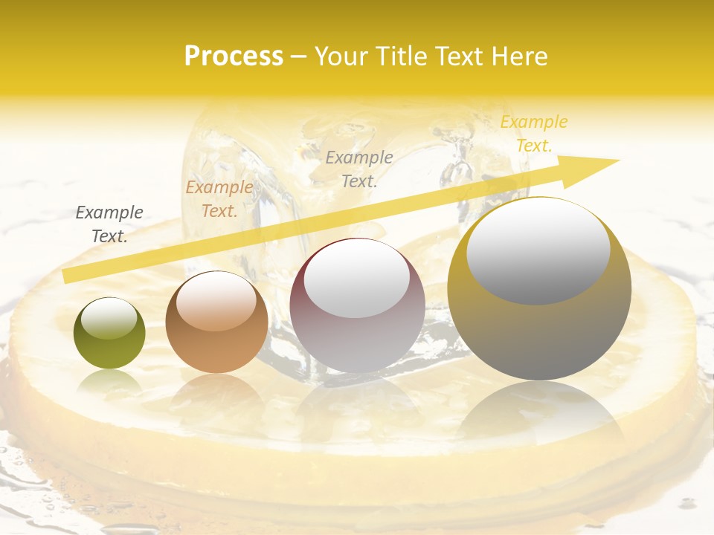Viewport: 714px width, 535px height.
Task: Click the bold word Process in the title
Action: (234, 56)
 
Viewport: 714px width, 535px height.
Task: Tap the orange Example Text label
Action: (219, 199)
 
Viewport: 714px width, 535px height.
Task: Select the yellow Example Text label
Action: (533, 134)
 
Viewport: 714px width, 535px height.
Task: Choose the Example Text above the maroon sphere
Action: (358, 169)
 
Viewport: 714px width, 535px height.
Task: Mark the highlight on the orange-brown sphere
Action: (216, 302)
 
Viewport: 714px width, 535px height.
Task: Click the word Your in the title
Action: (341, 56)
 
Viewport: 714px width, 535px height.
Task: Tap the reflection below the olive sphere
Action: (109, 383)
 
